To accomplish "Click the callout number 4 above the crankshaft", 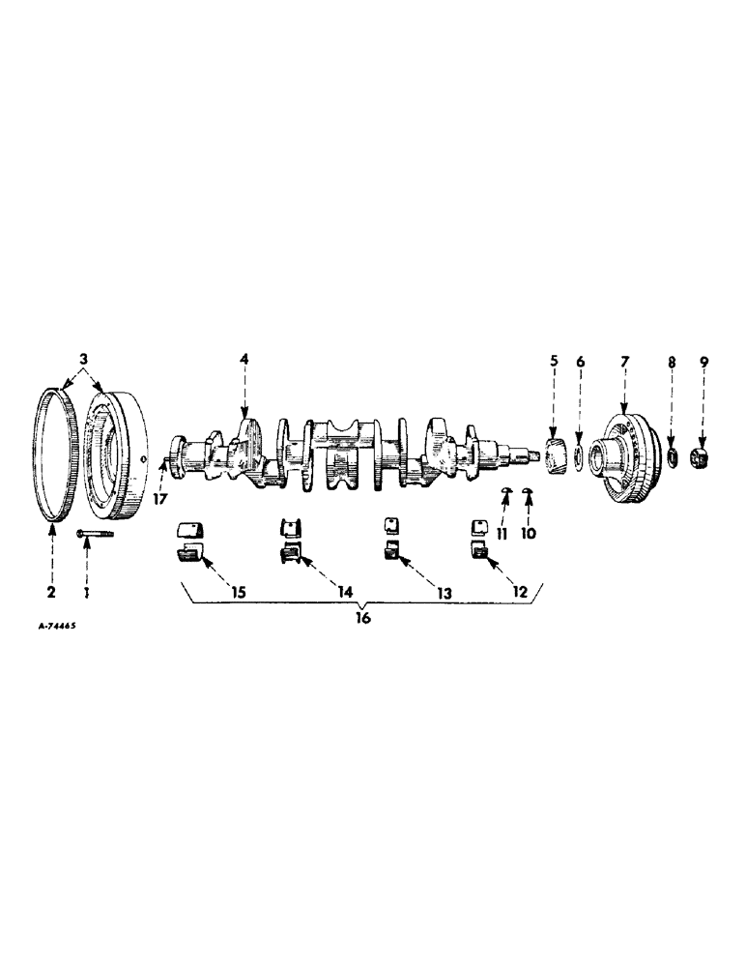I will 244,360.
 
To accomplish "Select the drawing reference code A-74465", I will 57,627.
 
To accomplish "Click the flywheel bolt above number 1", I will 92,532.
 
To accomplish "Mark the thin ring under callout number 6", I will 578,456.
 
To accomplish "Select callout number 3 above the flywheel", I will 84,360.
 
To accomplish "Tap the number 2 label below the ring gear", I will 51,590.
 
